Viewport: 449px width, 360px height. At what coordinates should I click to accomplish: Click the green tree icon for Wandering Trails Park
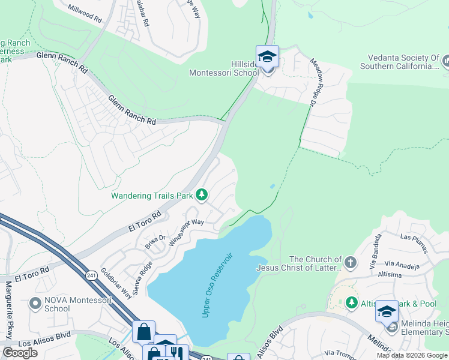pos(202,194)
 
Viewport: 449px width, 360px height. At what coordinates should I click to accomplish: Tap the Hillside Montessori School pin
pos(267,58)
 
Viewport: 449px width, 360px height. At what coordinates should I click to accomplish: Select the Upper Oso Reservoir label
pos(217,285)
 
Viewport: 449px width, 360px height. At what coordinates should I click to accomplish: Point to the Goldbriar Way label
pos(116,284)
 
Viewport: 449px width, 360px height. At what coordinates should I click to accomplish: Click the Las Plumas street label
pos(414,237)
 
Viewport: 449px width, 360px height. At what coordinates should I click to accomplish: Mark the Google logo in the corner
pos(20,353)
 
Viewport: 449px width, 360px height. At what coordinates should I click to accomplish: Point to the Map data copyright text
pos(412,355)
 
